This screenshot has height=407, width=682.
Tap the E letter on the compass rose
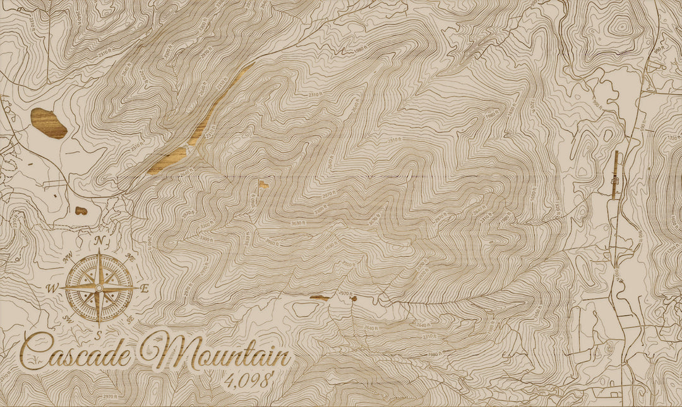(x=144, y=288)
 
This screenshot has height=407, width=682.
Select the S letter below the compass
(x=99, y=333)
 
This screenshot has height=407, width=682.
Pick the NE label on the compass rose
(x=130, y=257)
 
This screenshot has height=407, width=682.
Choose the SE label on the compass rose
(x=129, y=319)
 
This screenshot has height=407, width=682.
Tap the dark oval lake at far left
(x=49, y=123)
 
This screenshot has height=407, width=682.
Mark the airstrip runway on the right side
(x=616, y=175)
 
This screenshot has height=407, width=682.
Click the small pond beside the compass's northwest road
(x=81, y=210)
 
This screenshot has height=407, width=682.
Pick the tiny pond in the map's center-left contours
(x=263, y=185)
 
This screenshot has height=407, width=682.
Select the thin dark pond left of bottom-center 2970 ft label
(x=320, y=298)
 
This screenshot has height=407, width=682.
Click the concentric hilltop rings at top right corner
(x=620, y=27)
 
